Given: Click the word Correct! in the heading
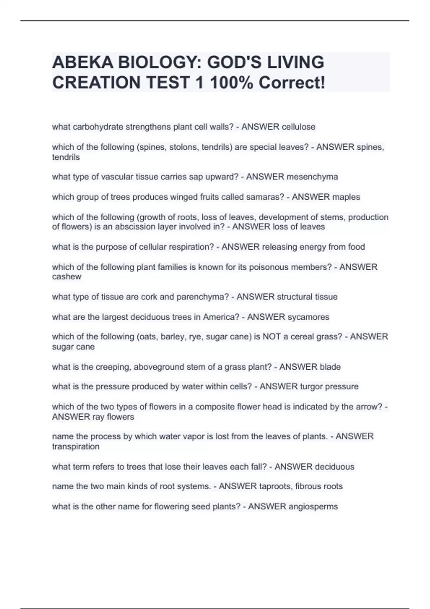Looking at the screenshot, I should click(292, 83).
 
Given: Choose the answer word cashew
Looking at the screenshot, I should click(67, 277).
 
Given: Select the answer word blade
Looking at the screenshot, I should click(330, 367).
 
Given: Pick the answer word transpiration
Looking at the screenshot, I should click(76, 446).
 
